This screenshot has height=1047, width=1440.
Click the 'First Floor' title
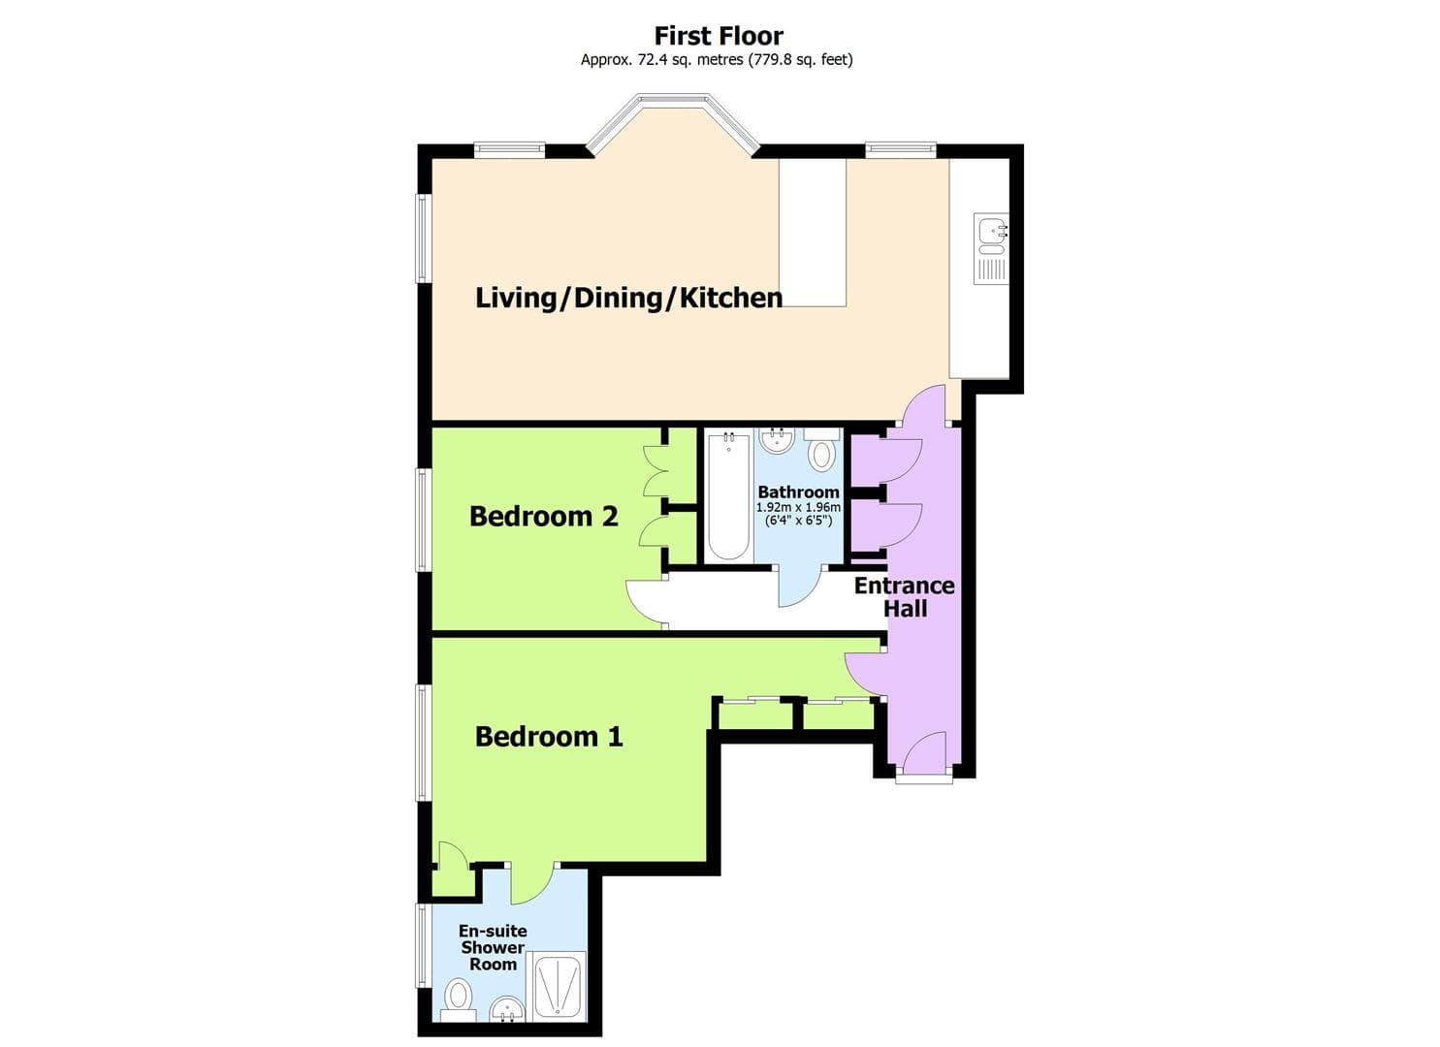click(719, 36)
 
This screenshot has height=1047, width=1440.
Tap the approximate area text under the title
click(717, 60)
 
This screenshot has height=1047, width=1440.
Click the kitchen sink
click(991, 234)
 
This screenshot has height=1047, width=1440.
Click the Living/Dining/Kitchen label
click(628, 298)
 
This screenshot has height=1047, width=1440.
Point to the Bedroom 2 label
click(543, 517)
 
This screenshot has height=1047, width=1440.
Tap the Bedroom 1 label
click(549, 737)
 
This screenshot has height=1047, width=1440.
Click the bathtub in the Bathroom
click(727, 496)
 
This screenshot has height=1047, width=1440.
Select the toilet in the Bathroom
click(821, 454)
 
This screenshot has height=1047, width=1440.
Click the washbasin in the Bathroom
click(777, 442)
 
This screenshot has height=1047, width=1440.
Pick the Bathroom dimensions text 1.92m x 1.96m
click(798, 507)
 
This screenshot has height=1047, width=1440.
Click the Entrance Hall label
click(904, 597)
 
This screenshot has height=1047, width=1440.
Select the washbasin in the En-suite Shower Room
click(505, 1010)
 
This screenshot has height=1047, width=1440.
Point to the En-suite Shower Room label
click(493, 947)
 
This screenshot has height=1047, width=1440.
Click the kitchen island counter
click(813, 233)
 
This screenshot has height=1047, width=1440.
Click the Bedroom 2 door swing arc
click(644, 603)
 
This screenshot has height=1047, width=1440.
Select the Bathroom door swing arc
click(799, 587)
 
